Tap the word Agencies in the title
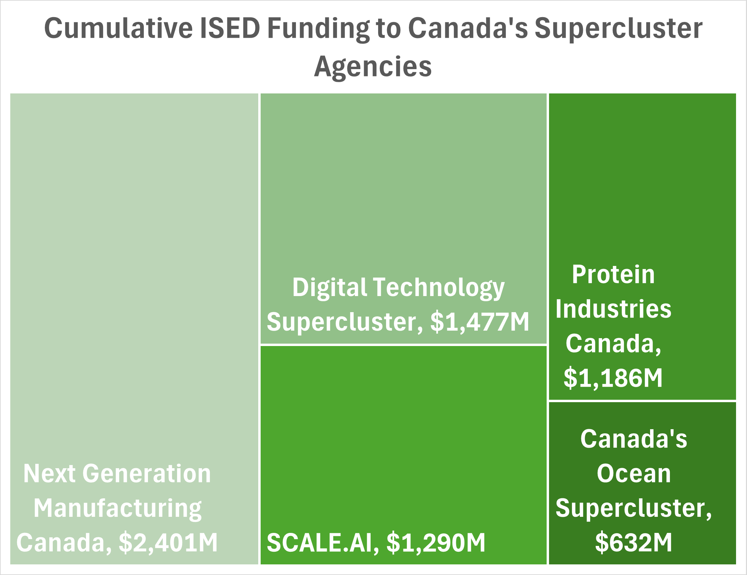click(373, 67)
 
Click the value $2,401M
click(168, 543)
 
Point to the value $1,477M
click(480, 322)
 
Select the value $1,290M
click(436, 543)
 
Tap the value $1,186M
click(613, 378)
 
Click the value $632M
click(634, 542)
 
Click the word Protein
click(613, 274)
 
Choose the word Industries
click(613, 309)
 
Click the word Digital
click(329, 288)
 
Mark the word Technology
click(439, 288)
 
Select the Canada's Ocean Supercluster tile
click(642, 483)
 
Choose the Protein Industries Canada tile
click(642, 246)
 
